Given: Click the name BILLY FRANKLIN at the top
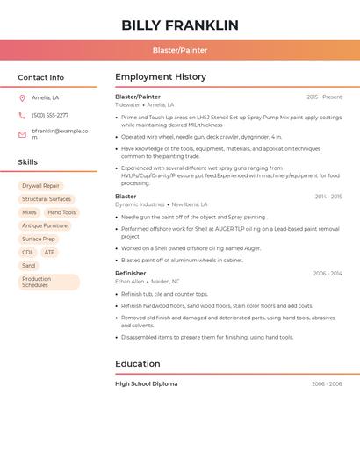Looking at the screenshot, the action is point(180,25).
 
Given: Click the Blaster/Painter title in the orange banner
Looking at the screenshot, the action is point(180,51).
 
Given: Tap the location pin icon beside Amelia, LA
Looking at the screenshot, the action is point(22,97).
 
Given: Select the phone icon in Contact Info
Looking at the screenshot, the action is point(22,115).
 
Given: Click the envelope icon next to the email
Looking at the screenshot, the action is point(22,134).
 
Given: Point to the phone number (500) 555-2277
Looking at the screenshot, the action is point(50,115).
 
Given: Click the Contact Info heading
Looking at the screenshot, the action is point(40,77).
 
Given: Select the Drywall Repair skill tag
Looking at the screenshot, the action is point(40,186).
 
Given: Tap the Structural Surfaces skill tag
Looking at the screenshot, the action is point(47,199).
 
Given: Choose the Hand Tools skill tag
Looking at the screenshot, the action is point(61,212).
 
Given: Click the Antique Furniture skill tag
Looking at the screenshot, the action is point(45,225).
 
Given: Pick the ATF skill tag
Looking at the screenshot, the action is point(49,252).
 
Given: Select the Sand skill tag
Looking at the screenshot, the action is point(29,265).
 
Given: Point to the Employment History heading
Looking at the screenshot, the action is point(161,77).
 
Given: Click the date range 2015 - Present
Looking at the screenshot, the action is point(324,97).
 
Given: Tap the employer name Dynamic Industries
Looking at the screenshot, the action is point(140,204).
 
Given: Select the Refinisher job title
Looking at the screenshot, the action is point(131,274).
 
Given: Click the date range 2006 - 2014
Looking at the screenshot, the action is point(327,274).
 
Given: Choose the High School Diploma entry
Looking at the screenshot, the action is point(146,383).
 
